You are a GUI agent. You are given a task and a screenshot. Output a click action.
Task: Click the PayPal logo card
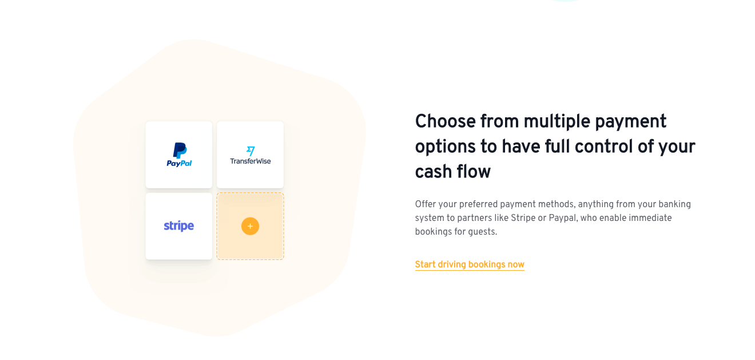[x=179, y=155]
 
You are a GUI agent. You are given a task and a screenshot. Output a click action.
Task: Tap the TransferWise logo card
[x=250, y=155]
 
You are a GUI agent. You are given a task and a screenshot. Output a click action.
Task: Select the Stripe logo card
[x=179, y=226]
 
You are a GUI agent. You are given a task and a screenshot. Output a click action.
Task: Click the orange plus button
[x=250, y=226]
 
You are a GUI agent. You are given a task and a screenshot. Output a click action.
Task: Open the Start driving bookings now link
[x=470, y=264]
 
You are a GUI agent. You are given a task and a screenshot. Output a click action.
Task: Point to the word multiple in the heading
[x=557, y=121]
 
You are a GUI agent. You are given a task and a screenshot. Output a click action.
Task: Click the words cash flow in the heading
[x=452, y=172]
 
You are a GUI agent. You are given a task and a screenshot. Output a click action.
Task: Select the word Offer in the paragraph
[x=424, y=204]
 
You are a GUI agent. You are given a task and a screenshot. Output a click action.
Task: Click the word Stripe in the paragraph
[x=523, y=218]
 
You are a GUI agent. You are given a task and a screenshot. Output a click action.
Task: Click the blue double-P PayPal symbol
[x=180, y=151]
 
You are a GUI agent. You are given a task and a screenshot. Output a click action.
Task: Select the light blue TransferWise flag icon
[x=251, y=151]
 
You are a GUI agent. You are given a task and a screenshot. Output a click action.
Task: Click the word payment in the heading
[x=631, y=121]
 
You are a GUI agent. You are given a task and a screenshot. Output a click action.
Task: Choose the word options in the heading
[x=446, y=147]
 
